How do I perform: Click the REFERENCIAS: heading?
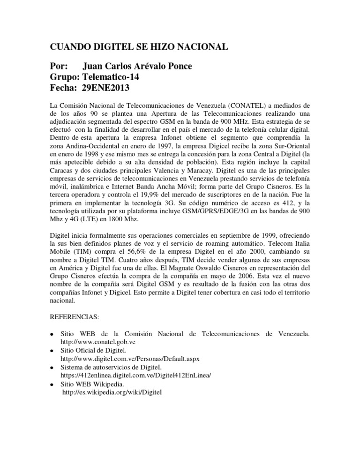pos(75,317)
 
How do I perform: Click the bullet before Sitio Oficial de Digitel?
pos(51,351)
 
